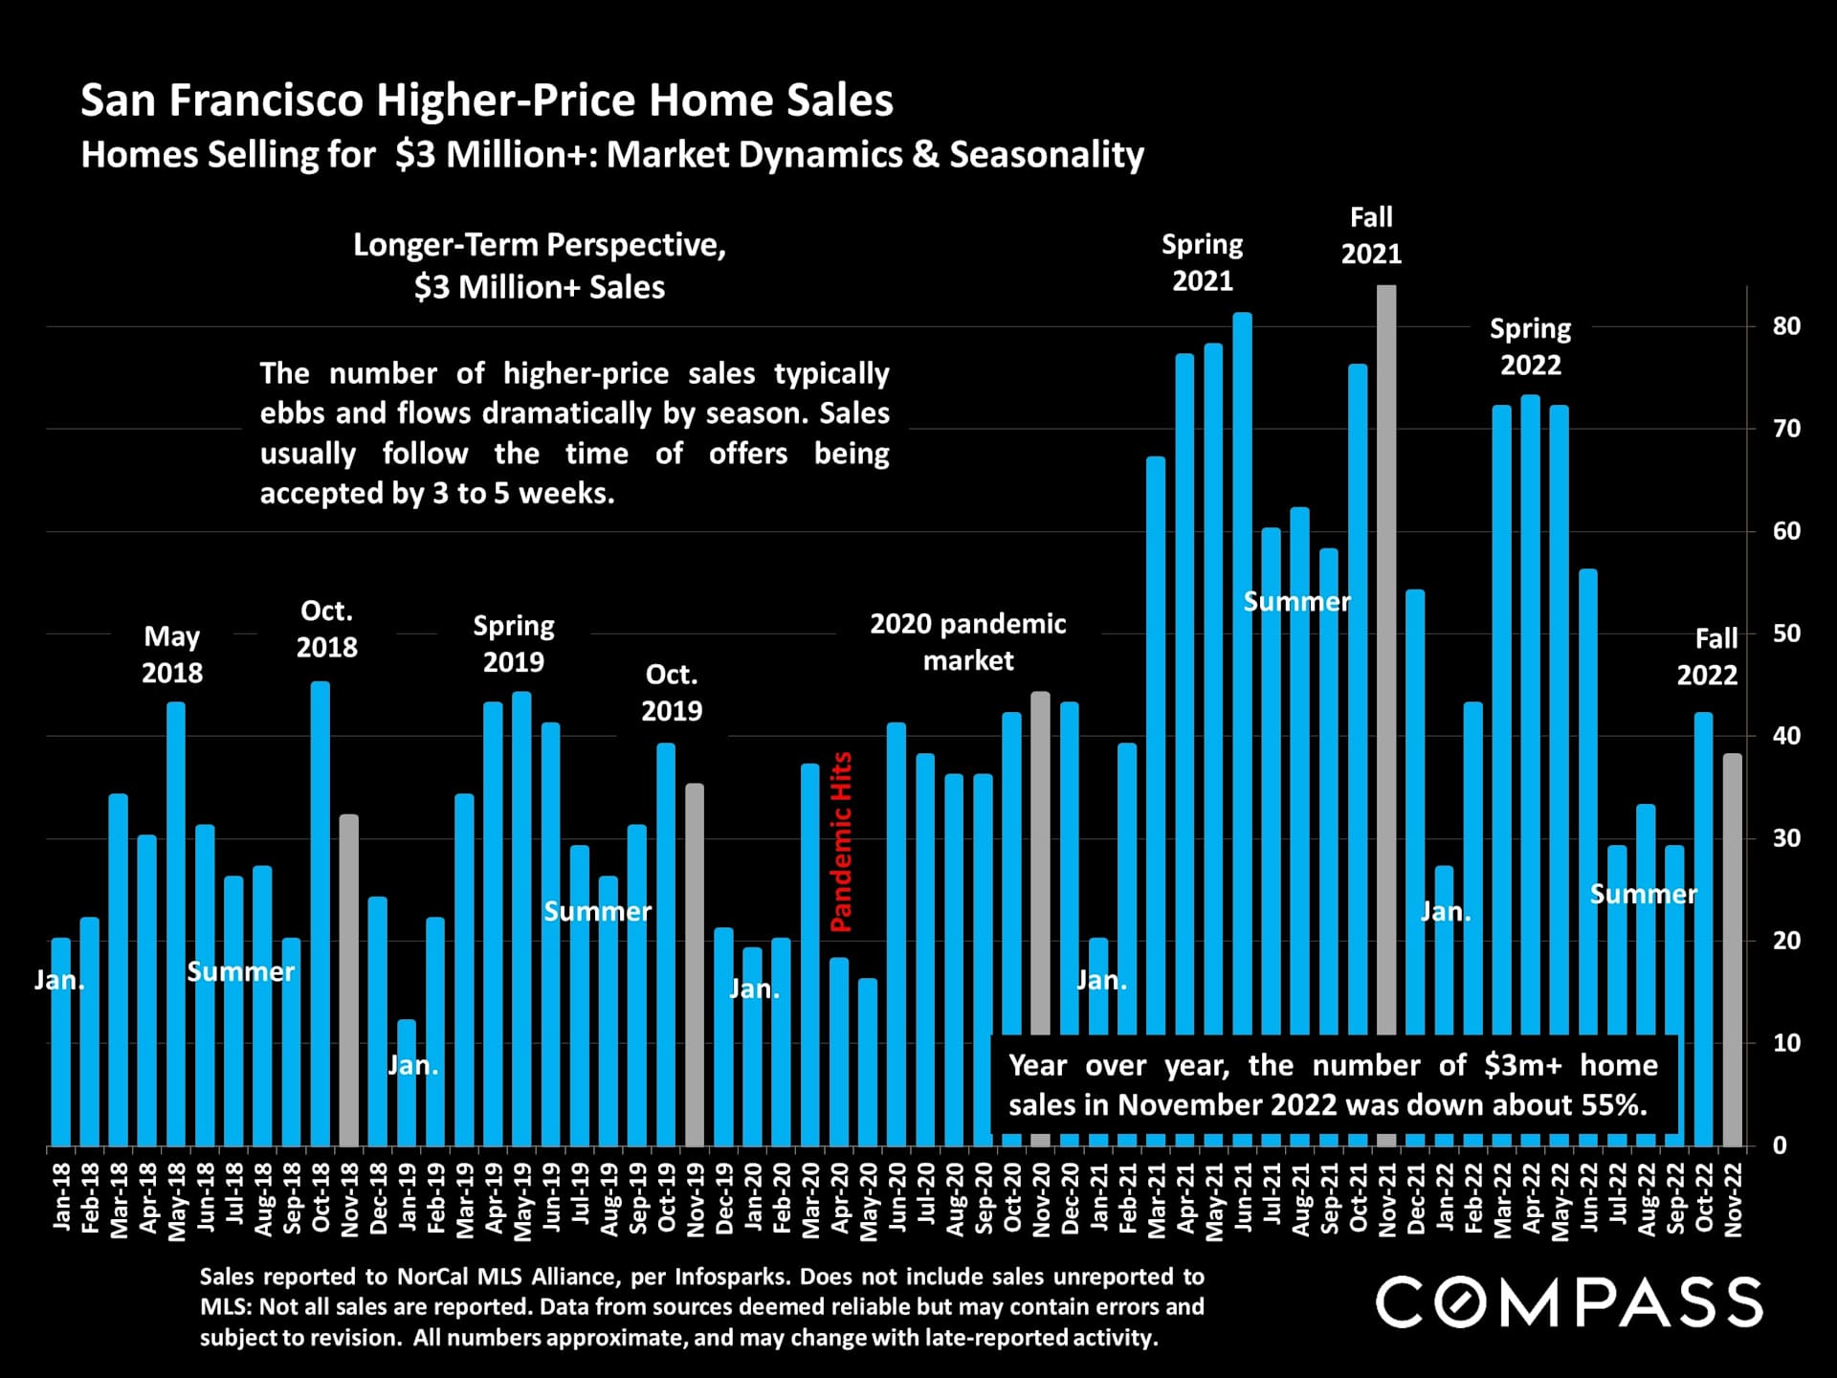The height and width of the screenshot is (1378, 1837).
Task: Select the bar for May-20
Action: tap(868, 1062)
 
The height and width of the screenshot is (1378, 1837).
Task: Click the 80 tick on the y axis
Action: tap(1786, 326)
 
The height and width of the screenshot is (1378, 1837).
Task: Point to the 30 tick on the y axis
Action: tap(1786, 838)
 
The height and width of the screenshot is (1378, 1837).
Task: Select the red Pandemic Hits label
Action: tap(841, 842)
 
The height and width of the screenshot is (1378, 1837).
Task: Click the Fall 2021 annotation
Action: tap(1371, 235)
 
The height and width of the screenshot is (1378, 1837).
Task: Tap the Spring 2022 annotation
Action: tap(1530, 346)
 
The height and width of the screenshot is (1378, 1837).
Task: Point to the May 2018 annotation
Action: tap(172, 655)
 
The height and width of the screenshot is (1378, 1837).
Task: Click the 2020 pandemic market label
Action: tap(967, 642)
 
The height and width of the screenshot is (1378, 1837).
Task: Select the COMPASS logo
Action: tap(1569, 1302)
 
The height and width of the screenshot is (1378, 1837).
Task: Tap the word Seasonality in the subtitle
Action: tap(1047, 155)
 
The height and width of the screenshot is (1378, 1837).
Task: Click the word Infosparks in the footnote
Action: tap(733, 1277)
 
